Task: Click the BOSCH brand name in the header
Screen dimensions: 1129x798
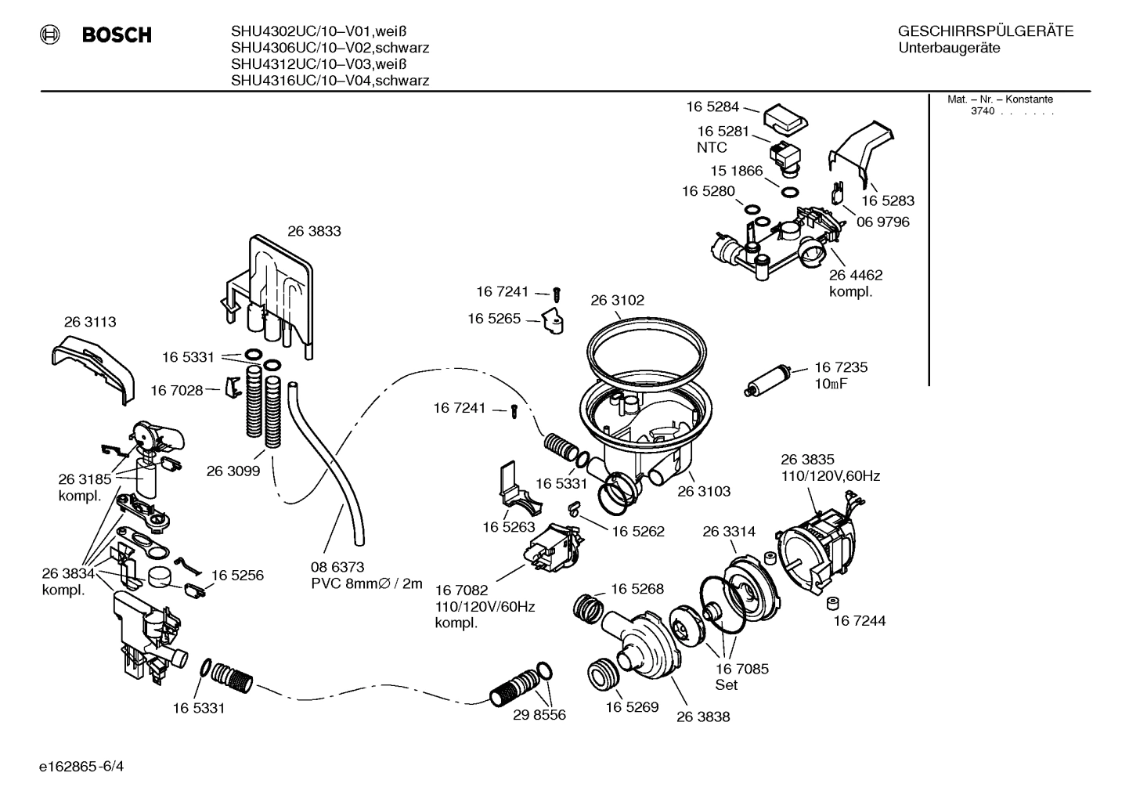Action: [x=117, y=35]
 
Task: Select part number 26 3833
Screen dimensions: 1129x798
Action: [x=314, y=231]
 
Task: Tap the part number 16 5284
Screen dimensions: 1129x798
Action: [x=712, y=107]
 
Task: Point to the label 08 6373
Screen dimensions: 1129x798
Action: [x=338, y=566]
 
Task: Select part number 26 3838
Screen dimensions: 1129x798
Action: [x=703, y=716]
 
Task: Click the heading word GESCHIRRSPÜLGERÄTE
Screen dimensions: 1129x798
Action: [x=985, y=31]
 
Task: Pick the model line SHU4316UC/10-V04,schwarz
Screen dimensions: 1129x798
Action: [x=330, y=81]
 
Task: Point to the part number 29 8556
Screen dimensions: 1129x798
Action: [x=539, y=714]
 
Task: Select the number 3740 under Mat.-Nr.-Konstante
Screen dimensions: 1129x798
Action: [x=982, y=111]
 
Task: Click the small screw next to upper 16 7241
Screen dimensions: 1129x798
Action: [x=557, y=294]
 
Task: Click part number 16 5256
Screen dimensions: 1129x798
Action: [x=237, y=575]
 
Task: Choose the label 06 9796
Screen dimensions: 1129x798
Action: [x=882, y=222]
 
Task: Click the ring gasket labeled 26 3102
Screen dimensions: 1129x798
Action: [x=649, y=345]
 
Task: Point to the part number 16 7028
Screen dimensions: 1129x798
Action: [x=176, y=389]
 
